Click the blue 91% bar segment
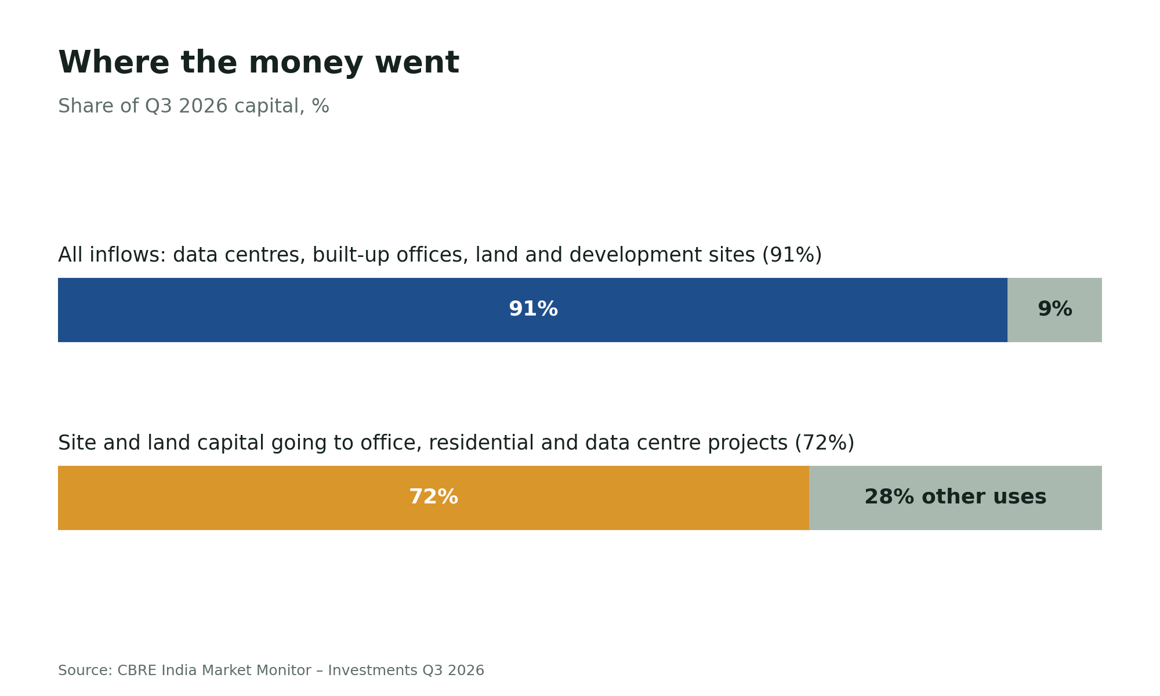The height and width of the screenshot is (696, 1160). tap(532, 310)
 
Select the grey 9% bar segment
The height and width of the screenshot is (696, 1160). tap(1054, 310)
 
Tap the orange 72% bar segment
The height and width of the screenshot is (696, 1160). tap(433, 498)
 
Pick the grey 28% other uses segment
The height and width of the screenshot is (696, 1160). tap(955, 498)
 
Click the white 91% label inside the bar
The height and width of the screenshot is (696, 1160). tap(533, 309)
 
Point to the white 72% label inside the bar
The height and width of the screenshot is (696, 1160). tap(433, 497)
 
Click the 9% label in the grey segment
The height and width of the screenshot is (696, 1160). tap(1054, 309)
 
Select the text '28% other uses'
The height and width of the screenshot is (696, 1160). tap(955, 497)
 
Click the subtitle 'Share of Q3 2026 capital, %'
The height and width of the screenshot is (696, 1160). tap(194, 106)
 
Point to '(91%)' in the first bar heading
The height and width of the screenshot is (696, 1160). tap(792, 255)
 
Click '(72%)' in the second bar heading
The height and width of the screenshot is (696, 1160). tap(824, 443)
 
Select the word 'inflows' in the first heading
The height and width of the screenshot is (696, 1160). tap(131, 255)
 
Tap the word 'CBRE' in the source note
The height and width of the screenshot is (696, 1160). tap(137, 670)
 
